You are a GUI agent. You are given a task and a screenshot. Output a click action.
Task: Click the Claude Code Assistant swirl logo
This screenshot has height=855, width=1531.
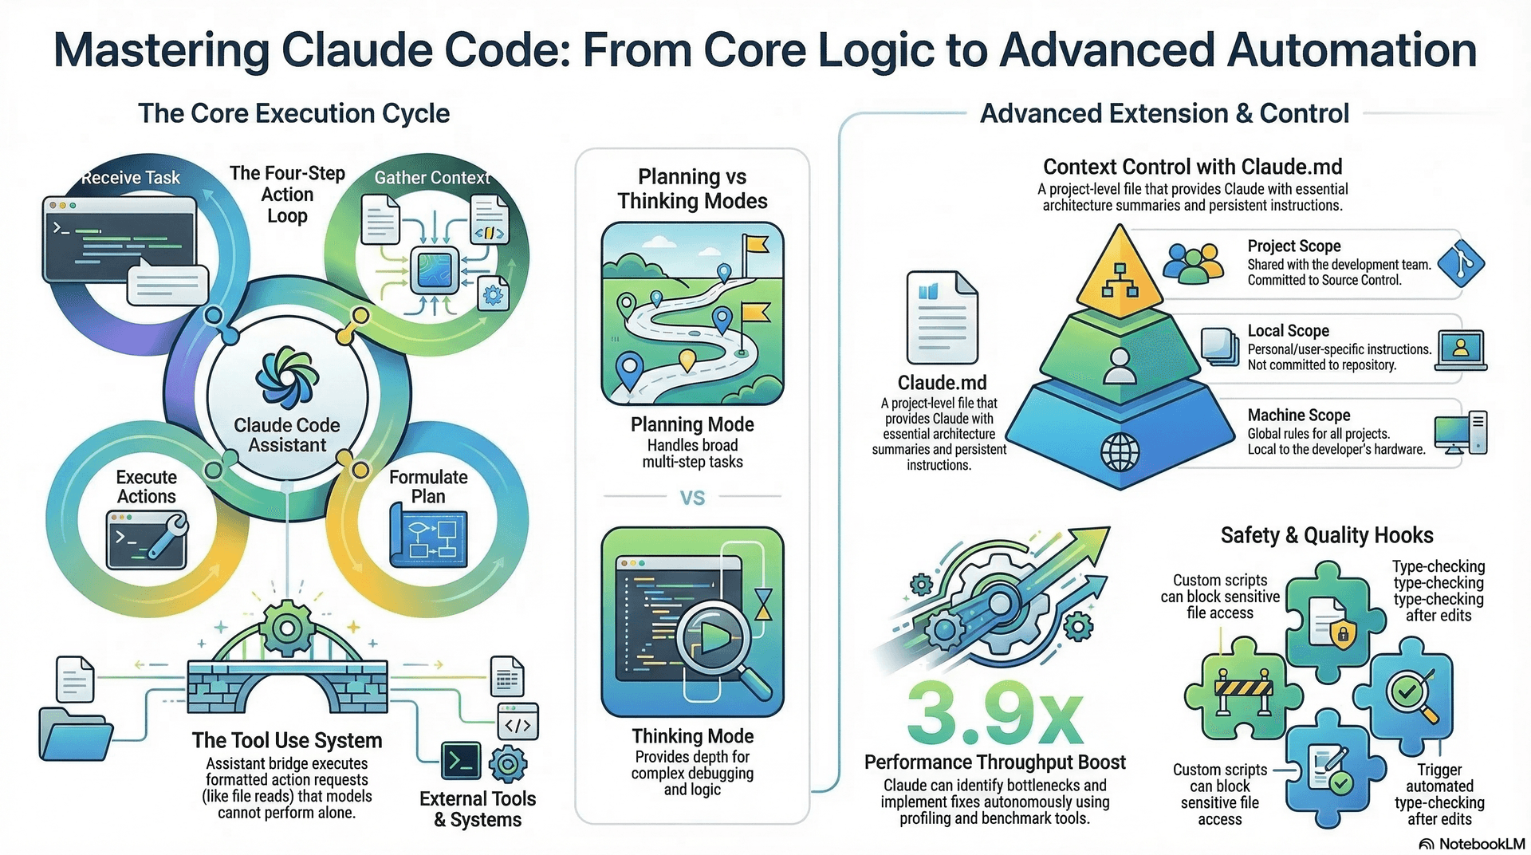tap(287, 379)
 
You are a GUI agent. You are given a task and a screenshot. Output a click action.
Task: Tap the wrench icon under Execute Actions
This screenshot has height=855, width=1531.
tap(167, 536)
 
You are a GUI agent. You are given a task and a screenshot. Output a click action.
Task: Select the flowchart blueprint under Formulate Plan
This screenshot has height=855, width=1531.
tap(428, 536)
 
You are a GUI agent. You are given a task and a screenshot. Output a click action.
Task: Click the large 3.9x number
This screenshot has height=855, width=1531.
tap(994, 712)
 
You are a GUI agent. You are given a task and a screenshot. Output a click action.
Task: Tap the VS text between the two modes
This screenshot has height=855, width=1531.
tap(692, 498)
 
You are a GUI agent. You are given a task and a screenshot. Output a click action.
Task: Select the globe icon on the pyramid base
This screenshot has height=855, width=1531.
tap(1120, 452)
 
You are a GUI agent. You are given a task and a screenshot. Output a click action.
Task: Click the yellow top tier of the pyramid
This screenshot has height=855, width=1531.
tap(1120, 271)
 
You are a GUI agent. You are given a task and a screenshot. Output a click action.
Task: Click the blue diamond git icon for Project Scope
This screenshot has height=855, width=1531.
tap(1460, 262)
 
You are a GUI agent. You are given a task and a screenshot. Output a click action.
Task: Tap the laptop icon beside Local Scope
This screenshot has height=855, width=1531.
tap(1461, 350)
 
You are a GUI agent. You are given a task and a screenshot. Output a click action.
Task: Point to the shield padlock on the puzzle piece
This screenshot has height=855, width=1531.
tap(1343, 634)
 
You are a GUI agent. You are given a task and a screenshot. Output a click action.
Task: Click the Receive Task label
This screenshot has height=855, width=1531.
tap(131, 178)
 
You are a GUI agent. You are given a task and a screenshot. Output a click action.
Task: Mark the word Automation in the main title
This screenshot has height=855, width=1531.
tap(1352, 49)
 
